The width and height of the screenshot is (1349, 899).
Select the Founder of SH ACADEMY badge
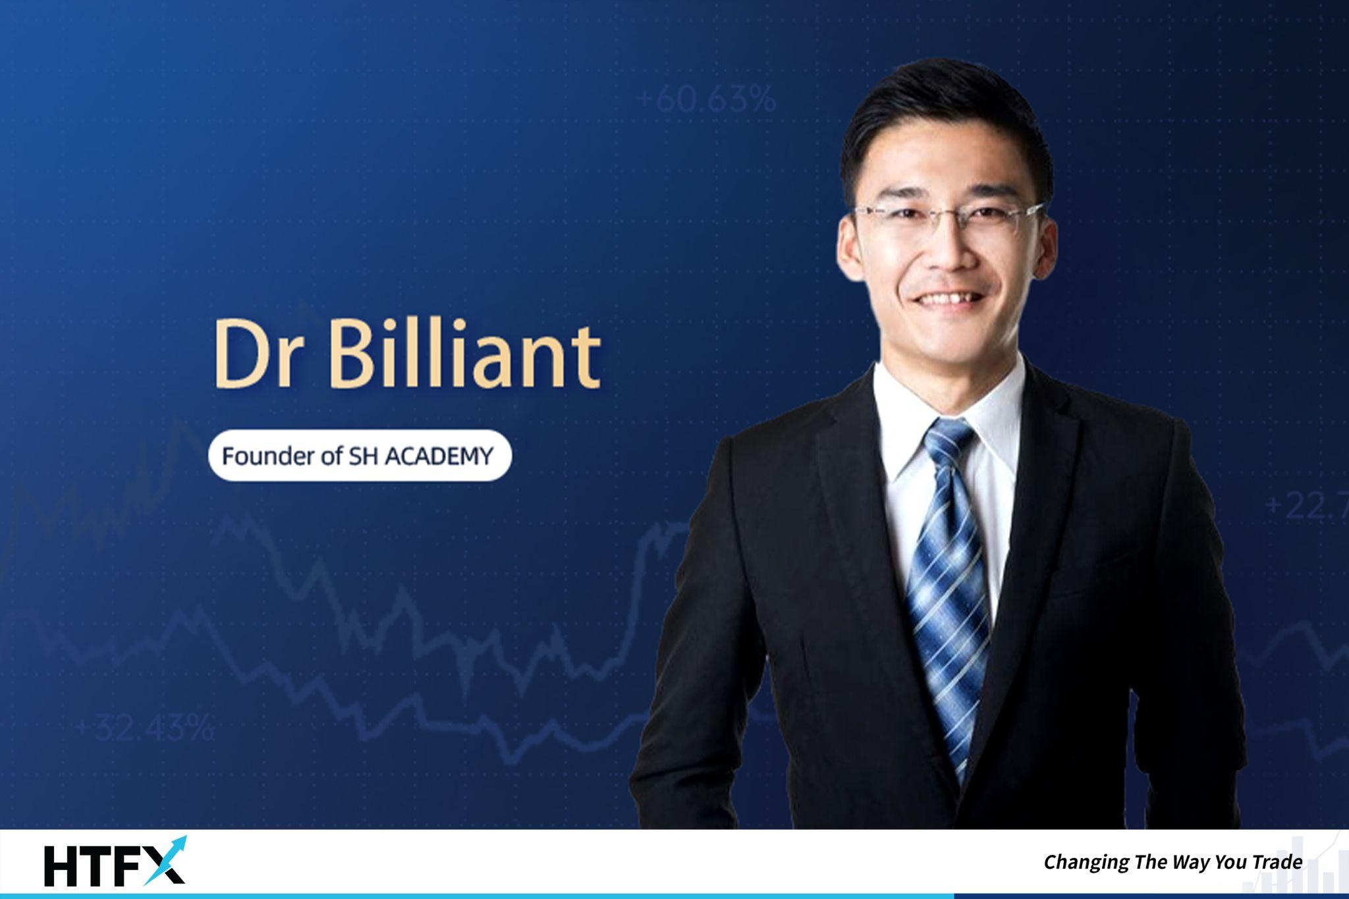[x=360, y=456]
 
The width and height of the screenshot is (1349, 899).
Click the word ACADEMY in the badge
[x=438, y=456]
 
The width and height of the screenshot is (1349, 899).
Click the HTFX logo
[x=115, y=861]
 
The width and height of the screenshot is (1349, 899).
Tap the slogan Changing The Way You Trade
[x=1173, y=862]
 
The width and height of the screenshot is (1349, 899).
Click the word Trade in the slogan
[x=1277, y=861]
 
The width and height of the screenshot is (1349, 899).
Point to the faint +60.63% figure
[x=707, y=100]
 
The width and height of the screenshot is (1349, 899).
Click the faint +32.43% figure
[x=145, y=729]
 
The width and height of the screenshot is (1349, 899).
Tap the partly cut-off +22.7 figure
[x=1306, y=506]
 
